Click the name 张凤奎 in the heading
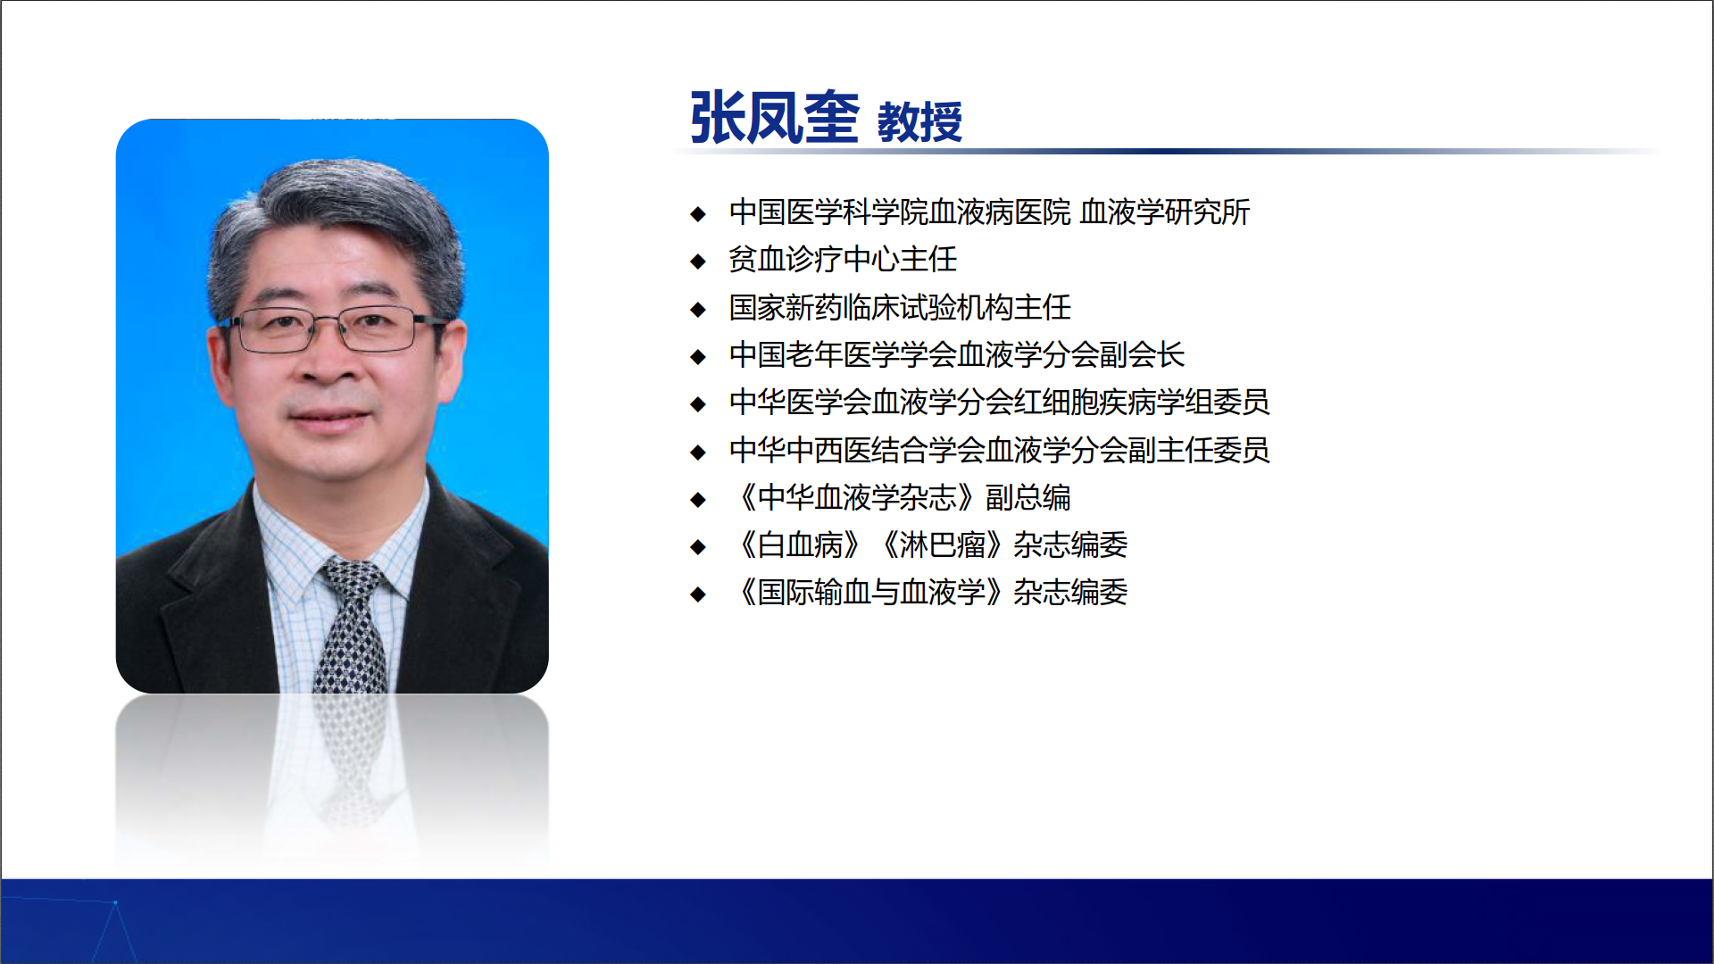[774, 117]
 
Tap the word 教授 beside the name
[919, 121]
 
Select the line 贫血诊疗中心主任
[843, 260]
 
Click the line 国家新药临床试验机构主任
[900, 307]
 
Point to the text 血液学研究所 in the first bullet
[1165, 212]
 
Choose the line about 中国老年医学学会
[957, 355]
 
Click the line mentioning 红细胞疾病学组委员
[999, 403]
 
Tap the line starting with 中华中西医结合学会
[999, 450]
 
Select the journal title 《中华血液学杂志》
[855, 497]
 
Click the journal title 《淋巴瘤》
[941, 544]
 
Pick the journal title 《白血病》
[799, 544]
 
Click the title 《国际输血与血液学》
[869, 593]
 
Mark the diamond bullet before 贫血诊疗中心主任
[698, 262]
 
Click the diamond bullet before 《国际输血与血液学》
[698, 594]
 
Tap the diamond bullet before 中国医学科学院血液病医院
[698, 214]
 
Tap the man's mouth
[329, 416]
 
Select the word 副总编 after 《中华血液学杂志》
[1028, 497]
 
